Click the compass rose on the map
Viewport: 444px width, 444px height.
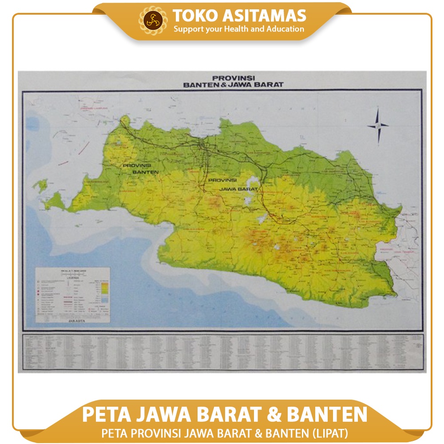pos(377,126)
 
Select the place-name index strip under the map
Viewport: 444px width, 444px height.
pos(222,352)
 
